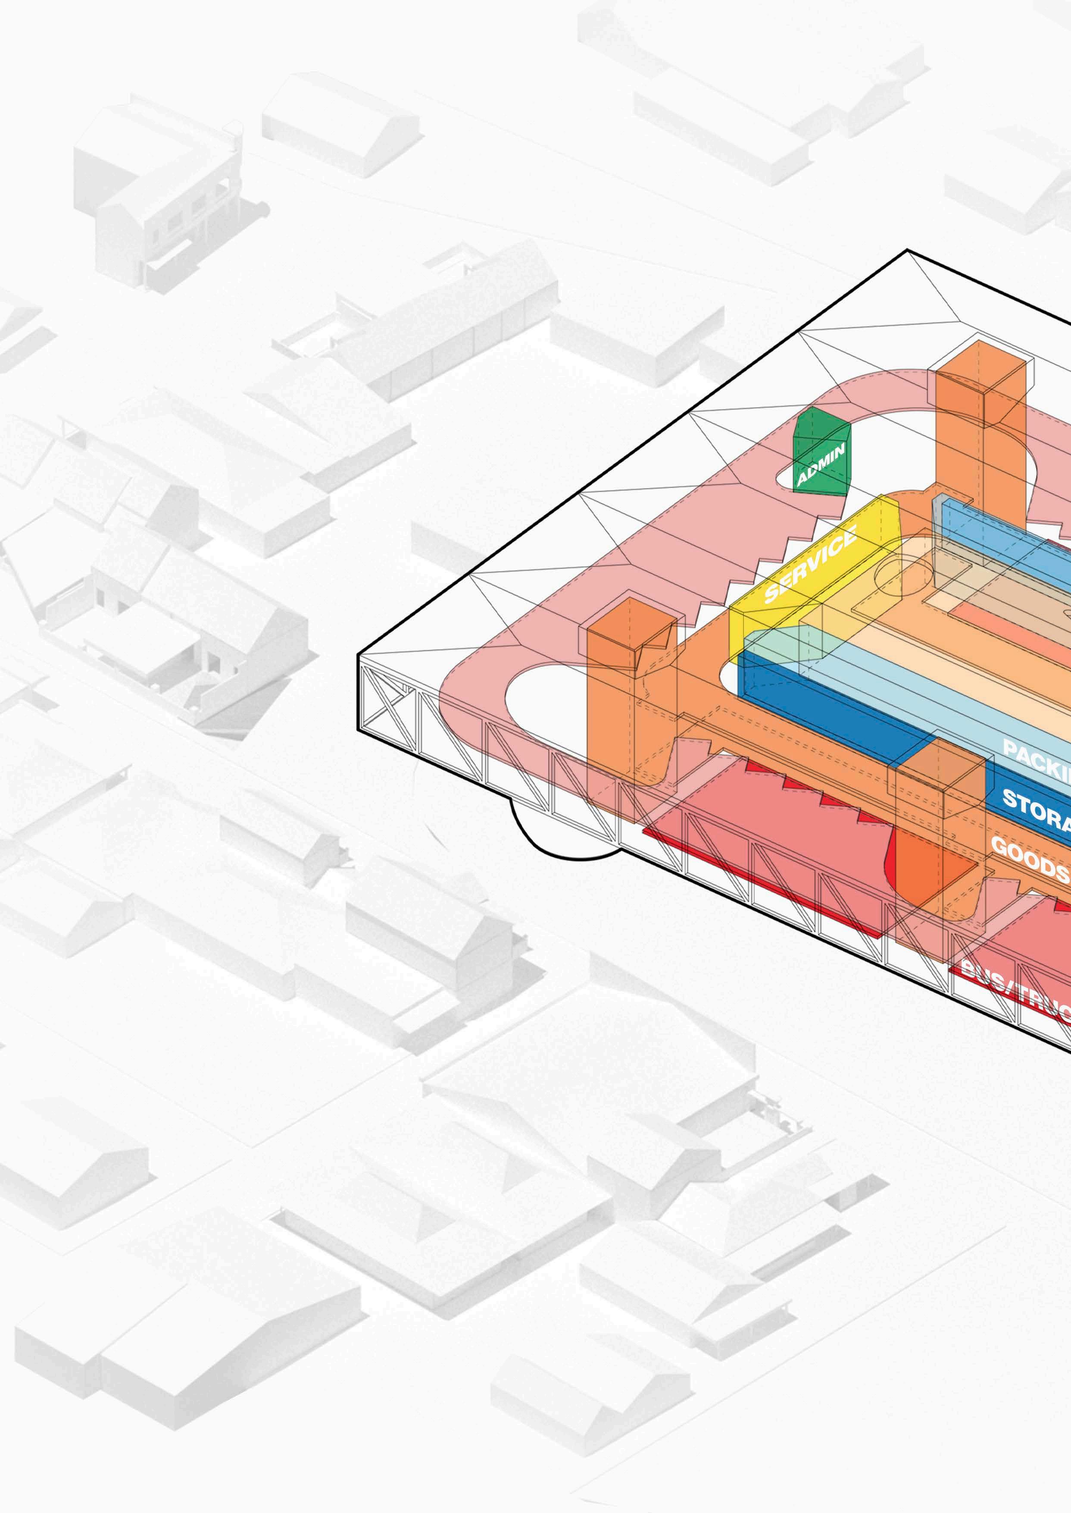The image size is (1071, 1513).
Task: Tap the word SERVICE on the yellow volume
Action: click(811, 564)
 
